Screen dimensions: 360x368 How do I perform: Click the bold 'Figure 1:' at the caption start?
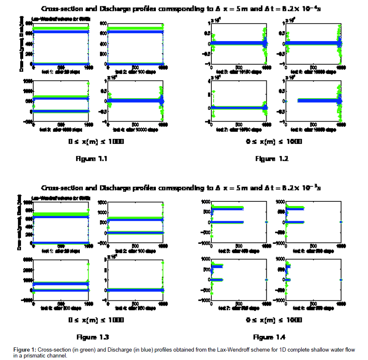click(x=24, y=350)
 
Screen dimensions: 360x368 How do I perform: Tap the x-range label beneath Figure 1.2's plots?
click(x=273, y=142)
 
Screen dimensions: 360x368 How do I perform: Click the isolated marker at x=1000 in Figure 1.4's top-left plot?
click(x=266, y=222)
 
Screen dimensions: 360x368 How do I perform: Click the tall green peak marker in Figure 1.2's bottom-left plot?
click(x=213, y=91)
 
